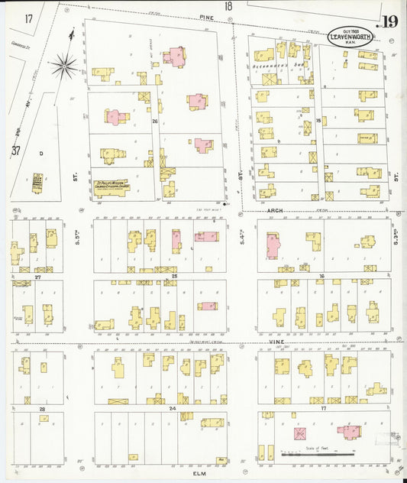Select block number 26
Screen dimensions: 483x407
[154, 122]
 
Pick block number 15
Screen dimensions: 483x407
[318, 122]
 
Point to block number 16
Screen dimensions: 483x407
[322, 275]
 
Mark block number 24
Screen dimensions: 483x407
[173, 409]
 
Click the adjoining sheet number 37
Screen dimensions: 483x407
[15, 151]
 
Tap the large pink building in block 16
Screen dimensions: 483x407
[273, 245]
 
